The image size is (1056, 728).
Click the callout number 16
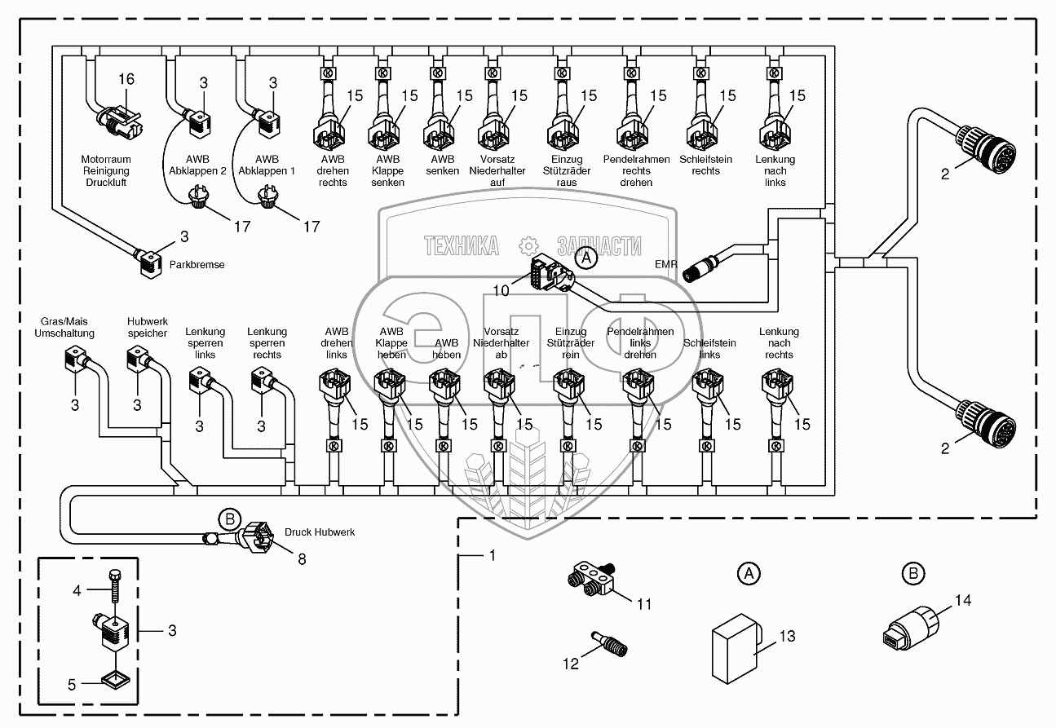(x=126, y=79)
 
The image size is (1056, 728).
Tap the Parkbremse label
(x=197, y=265)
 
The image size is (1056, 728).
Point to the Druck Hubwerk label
(x=320, y=532)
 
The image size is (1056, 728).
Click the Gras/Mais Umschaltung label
(x=64, y=327)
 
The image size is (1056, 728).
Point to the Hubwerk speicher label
(x=147, y=327)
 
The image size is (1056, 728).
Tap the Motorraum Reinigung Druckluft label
(x=105, y=171)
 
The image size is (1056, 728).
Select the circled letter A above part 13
(x=748, y=574)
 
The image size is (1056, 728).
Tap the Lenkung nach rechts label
(x=779, y=343)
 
